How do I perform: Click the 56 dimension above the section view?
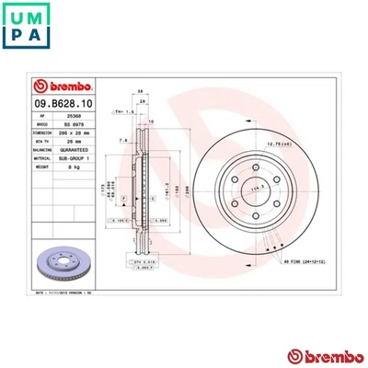coord(140,91)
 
